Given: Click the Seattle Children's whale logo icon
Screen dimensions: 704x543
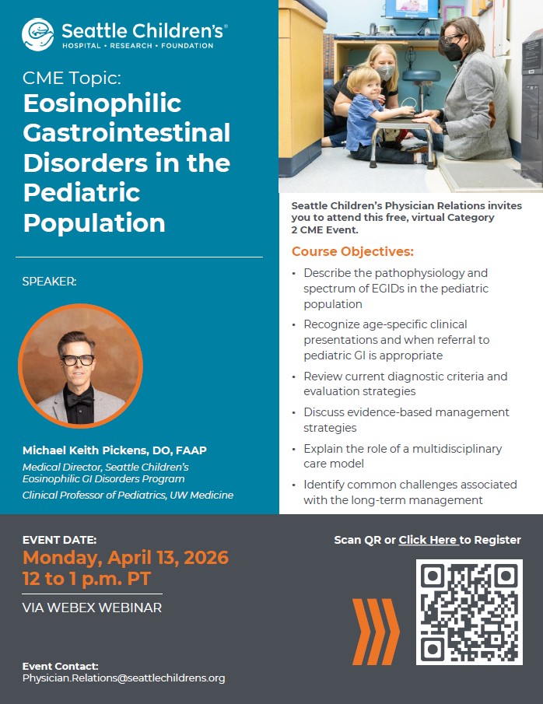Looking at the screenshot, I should point(38,34).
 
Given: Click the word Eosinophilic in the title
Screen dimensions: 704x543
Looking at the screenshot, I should point(102,103).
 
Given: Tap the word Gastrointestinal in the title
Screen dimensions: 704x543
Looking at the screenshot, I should point(127,132).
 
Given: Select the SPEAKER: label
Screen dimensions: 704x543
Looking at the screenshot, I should point(49,282).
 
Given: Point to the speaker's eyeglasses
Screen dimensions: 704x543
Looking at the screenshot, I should point(78,360).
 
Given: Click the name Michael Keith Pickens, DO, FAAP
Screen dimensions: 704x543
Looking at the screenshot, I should point(114,451).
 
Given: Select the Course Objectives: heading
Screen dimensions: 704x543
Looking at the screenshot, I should point(352,252).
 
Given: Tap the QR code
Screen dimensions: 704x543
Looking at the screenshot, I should point(469,611).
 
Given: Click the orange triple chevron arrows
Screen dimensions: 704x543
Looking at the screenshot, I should point(376,631).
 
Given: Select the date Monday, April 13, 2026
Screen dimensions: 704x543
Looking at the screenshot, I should point(125,558).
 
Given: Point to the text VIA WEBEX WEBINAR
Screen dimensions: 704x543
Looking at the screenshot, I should point(92,608).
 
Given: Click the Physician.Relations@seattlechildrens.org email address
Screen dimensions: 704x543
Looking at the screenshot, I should point(124,678).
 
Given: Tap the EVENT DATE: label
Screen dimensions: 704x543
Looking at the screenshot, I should point(59,540).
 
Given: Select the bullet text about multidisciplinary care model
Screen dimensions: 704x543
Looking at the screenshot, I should point(402,456).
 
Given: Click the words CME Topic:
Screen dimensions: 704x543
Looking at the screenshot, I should point(72,78).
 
